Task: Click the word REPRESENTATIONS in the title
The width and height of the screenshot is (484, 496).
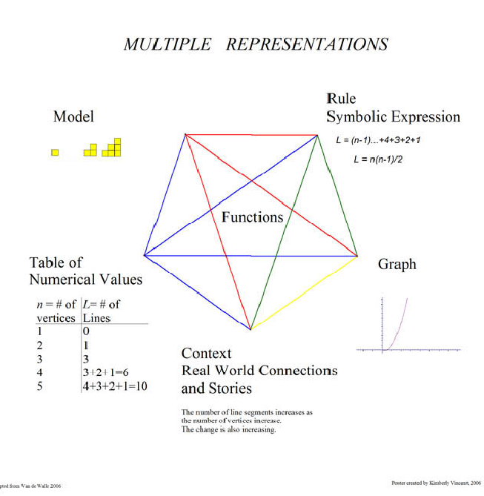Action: click(x=306, y=44)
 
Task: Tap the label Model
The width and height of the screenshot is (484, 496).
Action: click(x=73, y=117)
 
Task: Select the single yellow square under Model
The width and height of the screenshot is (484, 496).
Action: click(x=55, y=153)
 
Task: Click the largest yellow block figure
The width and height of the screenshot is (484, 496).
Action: click(x=112, y=148)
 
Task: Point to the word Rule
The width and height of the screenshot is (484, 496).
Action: click(x=341, y=99)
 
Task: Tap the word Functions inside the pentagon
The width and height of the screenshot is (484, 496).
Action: click(x=253, y=217)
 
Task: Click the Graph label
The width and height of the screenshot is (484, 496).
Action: click(x=397, y=265)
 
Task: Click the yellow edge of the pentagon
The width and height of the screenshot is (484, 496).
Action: click(x=304, y=293)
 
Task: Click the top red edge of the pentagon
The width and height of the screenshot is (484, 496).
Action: click(x=252, y=135)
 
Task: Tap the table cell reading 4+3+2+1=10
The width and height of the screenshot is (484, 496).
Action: click(x=115, y=386)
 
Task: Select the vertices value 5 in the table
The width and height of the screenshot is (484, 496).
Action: click(x=40, y=386)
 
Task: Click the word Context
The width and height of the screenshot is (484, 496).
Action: click(x=206, y=353)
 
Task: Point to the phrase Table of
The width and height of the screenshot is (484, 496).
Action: click(x=56, y=262)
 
